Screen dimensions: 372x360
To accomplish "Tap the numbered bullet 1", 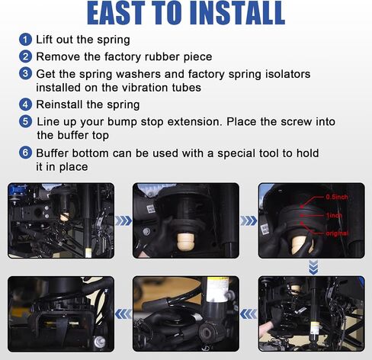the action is [x=25, y=40].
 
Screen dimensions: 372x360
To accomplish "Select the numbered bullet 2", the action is [x=25, y=56].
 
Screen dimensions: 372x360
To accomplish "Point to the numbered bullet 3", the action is [x=25, y=74].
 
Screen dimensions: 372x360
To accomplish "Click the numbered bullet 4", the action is [x=25, y=104].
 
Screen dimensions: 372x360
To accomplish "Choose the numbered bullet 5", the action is [x=25, y=121].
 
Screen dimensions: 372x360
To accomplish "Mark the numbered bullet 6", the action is [x=25, y=153].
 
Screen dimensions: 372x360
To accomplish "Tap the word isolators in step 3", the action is [x=287, y=74].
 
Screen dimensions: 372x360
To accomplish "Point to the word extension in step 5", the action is [x=194, y=121].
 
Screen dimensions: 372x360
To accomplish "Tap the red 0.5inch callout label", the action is [x=337, y=197].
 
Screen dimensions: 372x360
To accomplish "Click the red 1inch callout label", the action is [x=334, y=216].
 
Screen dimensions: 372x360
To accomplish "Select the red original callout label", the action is [x=337, y=233].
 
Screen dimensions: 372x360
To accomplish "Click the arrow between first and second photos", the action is [x=123, y=220].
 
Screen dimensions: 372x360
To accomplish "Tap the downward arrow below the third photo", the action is [x=313, y=267].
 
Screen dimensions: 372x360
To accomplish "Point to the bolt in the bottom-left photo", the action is [x=99, y=342].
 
